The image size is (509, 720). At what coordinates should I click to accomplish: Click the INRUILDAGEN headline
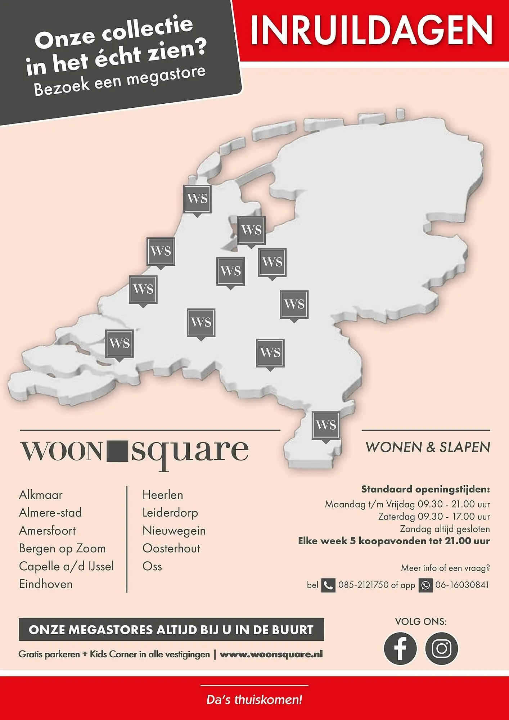(371, 30)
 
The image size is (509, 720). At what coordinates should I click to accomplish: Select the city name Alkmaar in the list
(41, 495)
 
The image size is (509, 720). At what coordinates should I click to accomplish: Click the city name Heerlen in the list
(163, 495)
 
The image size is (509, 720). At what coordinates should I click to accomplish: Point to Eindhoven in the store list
(46, 584)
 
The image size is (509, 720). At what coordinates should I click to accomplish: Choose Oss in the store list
(152, 566)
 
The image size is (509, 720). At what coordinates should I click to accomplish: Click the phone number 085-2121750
(363, 585)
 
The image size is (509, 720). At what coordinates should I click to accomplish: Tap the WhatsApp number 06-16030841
(462, 585)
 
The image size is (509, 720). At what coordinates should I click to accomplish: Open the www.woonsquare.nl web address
(271, 654)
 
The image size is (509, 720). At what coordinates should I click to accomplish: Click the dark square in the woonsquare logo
(118, 450)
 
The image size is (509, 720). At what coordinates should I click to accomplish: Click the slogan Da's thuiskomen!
(254, 700)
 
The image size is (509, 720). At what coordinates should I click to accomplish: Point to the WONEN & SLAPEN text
(428, 447)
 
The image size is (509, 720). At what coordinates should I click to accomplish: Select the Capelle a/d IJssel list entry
(66, 566)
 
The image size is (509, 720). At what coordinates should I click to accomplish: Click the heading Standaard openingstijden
(425, 489)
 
